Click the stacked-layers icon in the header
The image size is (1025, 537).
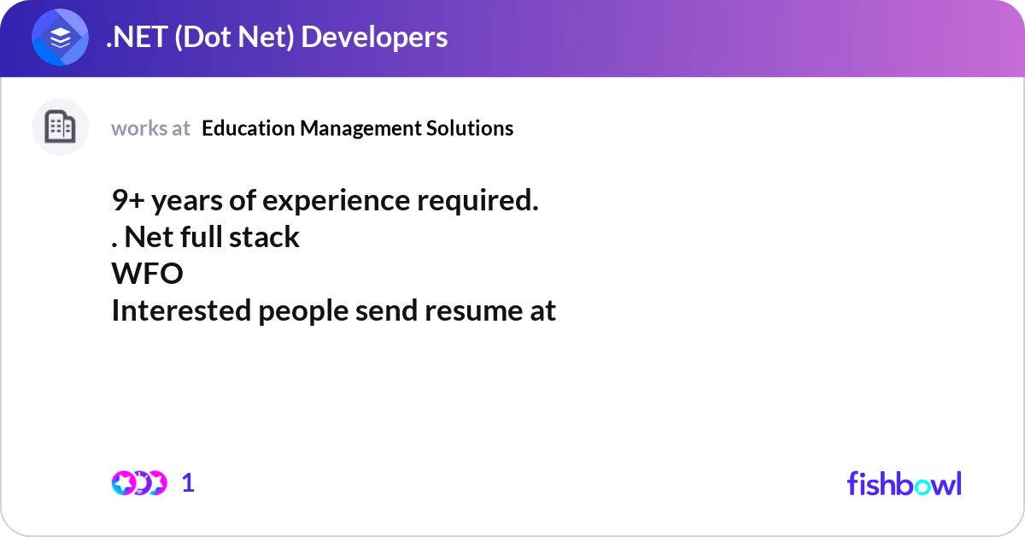point(60,37)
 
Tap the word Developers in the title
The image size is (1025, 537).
point(374,38)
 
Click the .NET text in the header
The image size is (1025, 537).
point(137,37)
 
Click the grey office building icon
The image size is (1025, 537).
point(60,127)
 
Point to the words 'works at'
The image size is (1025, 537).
point(150,128)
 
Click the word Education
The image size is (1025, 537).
point(249,127)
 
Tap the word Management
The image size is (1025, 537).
point(360,129)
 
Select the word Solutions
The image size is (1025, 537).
point(470,127)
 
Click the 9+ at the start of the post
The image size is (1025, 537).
point(128,200)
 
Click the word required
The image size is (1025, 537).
point(477,201)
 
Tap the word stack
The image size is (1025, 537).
point(264,237)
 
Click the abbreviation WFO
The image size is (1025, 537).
point(147,274)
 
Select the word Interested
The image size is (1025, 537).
point(181,310)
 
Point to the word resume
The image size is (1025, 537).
point(473,311)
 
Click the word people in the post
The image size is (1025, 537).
point(303,311)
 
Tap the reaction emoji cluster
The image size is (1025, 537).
point(139,483)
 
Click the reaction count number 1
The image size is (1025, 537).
point(188,483)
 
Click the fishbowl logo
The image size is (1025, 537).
point(905,483)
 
